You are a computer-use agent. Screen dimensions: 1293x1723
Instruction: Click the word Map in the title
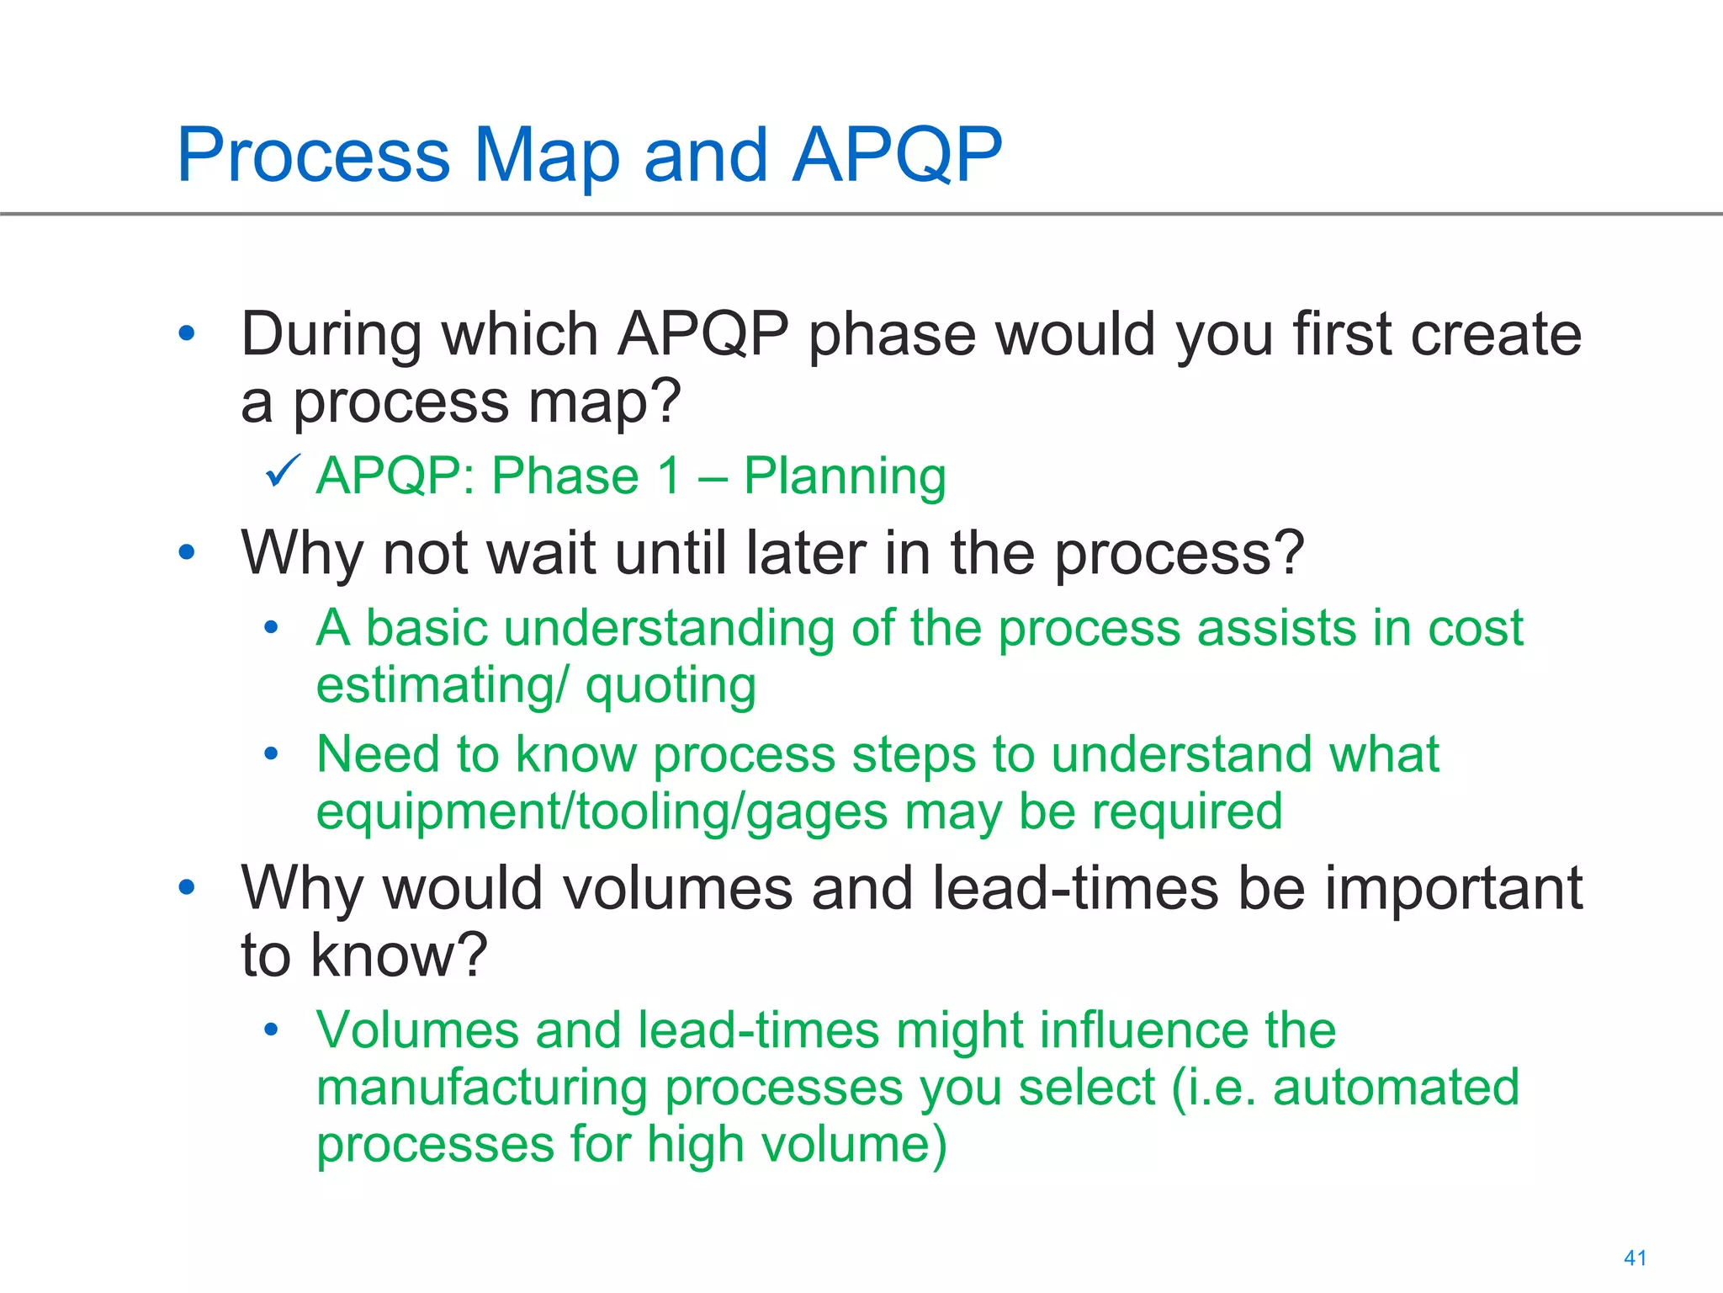pyautogui.click(x=547, y=156)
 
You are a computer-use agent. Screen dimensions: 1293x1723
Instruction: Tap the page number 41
pyautogui.click(x=1635, y=1258)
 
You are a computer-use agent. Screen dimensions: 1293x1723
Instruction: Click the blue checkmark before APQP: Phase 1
pyautogui.click(x=283, y=471)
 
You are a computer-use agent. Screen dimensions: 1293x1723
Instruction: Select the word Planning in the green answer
pyautogui.click(x=845, y=476)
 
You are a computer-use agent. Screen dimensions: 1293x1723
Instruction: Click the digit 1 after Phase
pyautogui.click(x=670, y=476)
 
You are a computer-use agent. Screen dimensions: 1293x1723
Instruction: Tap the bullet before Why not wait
pyautogui.click(x=187, y=553)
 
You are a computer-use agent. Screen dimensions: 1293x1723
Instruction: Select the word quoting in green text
pyautogui.click(x=671, y=686)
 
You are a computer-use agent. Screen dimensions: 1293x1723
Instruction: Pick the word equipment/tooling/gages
pyautogui.click(x=602, y=812)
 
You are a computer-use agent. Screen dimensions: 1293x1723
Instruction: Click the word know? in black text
pyautogui.click(x=399, y=955)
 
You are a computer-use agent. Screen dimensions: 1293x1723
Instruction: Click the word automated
pyautogui.click(x=1396, y=1088)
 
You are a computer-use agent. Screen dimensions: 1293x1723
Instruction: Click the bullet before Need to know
pyautogui.click(x=271, y=753)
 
